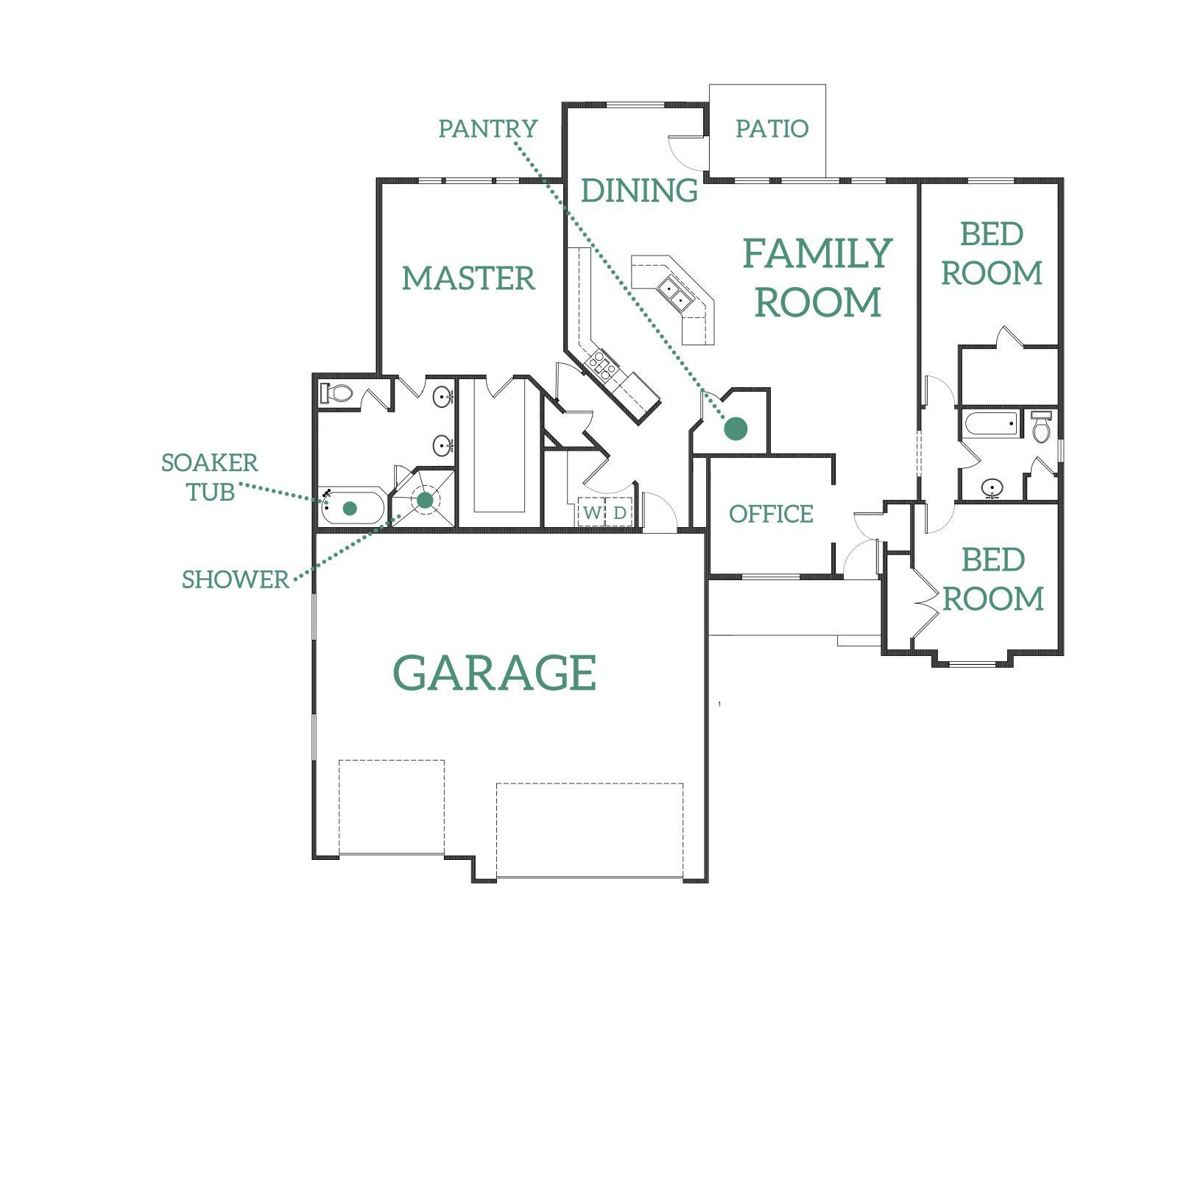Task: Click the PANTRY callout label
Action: [x=488, y=129]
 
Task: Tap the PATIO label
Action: [x=772, y=129]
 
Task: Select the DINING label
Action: [x=639, y=191]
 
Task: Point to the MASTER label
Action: [x=468, y=278]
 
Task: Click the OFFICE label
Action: [x=771, y=514]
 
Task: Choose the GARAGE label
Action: [x=495, y=673]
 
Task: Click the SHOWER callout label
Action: [x=236, y=580]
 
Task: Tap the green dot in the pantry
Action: [x=736, y=428]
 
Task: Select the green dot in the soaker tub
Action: [x=350, y=508]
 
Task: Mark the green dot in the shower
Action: [x=426, y=501]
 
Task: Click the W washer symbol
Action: [x=592, y=512]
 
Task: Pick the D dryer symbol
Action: [x=620, y=512]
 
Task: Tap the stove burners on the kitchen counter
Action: [x=600, y=365]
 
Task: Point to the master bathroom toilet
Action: [x=337, y=393]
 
